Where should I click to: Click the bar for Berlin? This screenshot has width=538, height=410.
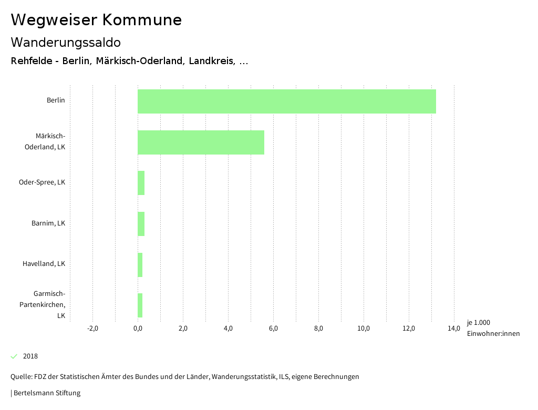coord(286,101)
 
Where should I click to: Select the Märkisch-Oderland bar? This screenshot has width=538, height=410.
coord(201,142)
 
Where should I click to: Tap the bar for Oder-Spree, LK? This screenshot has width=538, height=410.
coord(141,183)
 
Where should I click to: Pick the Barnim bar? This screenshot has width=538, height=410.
coord(141,224)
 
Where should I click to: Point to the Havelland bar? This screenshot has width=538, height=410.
coord(140,264)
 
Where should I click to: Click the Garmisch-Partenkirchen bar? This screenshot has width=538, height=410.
coord(140,305)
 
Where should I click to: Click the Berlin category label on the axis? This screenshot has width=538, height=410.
coord(56,100)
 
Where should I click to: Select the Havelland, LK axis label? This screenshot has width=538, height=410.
coord(44,264)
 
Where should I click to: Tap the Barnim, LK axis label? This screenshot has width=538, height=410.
coord(48,223)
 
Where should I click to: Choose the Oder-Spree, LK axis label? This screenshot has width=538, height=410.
coord(42,182)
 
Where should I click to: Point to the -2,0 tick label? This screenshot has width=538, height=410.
coord(92,329)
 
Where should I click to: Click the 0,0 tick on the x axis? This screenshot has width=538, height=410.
coord(138,329)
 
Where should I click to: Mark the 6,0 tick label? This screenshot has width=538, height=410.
coord(273,329)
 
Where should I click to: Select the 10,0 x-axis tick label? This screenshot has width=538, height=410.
coord(364,329)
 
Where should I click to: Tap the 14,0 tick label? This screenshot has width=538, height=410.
coord(454,329)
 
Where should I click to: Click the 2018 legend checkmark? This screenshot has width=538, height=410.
coord(14,356)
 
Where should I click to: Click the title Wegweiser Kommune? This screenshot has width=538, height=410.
coord(96,20)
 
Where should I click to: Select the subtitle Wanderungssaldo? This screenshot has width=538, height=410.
coord(66,42)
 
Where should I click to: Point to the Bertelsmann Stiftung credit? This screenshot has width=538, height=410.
coord(46,393)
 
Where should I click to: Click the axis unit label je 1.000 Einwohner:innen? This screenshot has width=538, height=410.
coord(493,328)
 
